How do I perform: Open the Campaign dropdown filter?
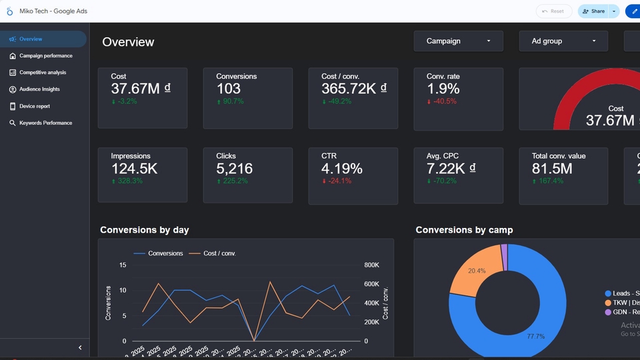pos(458,41)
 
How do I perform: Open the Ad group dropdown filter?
pos(563,41)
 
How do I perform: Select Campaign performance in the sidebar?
pos(45,56)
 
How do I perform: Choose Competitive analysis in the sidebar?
pos(43,73)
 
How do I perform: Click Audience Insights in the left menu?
pos(39,89)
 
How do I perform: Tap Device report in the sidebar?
pos(34,106)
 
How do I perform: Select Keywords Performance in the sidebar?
pos(45,123)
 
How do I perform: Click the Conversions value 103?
pos(229,89)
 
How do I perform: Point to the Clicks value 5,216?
pos(234,169)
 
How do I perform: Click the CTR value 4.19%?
pos(342,169)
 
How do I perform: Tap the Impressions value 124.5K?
pos(134,169)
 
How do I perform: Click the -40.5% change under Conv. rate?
pos(445,101)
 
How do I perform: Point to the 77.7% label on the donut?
pos(535,337)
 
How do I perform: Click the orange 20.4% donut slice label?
pos(477,271)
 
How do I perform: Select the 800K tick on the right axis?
pos(371,265)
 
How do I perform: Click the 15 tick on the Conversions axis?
pos(122,265)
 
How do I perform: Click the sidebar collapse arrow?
pos(80,347)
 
